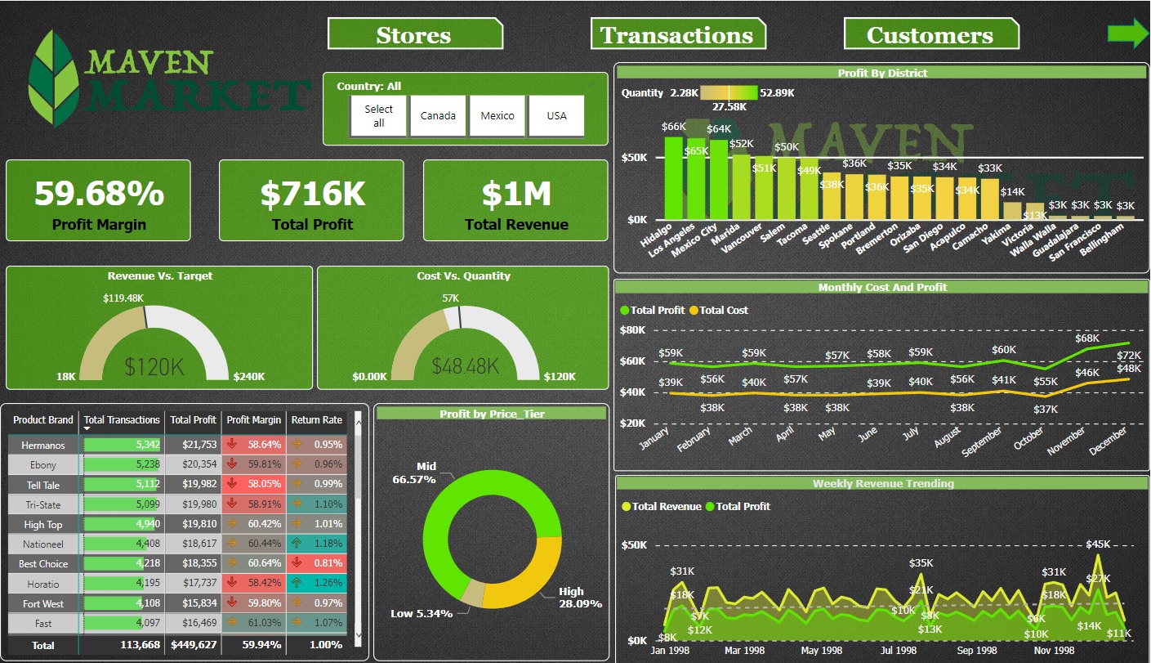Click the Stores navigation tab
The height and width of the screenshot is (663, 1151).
(x=414, y=35)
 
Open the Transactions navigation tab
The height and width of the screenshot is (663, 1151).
(x=677, y=35)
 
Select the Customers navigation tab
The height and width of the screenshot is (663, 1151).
(x=930, y=35)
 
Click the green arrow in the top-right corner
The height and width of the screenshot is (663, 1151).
(x=1128, y=34)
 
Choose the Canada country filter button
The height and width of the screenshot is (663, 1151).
(x=438, y=116)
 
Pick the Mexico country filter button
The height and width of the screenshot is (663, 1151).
(x=497, y=116)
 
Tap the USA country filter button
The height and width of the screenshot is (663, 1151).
(x=556, y=116)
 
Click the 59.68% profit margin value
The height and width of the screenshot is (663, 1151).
(x=99, y=194)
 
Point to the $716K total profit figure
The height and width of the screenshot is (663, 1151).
(x=312, y=194)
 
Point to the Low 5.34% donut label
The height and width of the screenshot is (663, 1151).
(x=422, y=613)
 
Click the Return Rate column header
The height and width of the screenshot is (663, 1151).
(x=316, y=419)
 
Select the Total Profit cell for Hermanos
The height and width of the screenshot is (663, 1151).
(x=193, y=445)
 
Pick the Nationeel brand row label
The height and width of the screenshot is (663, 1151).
(x=43, y=544)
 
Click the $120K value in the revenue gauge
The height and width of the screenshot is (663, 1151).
(x=154, y=365)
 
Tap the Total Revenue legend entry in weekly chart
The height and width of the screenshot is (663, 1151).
(x=667, y=507)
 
